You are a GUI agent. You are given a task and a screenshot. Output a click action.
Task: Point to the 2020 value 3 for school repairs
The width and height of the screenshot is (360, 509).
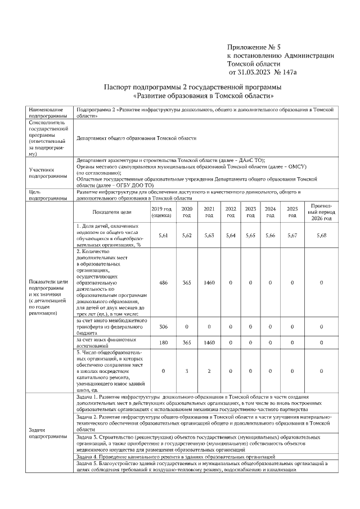187,371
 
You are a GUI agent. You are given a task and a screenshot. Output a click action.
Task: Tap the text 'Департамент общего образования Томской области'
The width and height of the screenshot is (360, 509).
137,138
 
